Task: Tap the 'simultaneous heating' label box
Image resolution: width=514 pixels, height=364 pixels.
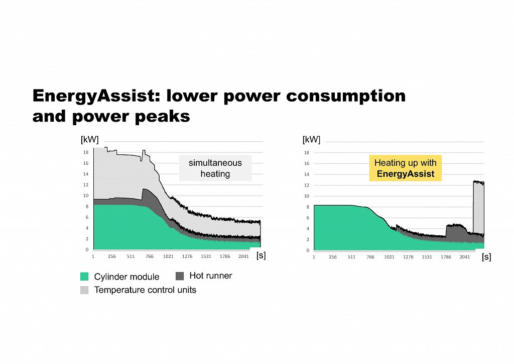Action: point(215,168)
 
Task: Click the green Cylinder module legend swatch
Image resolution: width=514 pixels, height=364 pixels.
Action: point(84,277)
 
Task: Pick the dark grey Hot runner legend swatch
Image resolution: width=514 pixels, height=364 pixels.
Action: point(180,276)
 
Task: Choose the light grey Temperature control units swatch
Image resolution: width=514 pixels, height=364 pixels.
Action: point(84,290)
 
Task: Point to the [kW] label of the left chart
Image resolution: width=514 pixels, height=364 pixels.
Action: point(90,139)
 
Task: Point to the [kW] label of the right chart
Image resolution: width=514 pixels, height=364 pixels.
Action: point(311,139)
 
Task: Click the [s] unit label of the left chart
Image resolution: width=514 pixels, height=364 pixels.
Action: point(261,255)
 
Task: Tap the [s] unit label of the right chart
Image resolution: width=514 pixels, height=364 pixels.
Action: point(486,257)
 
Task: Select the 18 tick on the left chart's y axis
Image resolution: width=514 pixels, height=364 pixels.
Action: point(86,152)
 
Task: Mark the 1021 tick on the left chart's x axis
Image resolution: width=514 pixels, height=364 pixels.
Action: point(168,256)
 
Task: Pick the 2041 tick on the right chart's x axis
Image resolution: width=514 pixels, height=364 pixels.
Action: point(464,257)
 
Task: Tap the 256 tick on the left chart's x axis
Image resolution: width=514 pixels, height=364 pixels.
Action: point(112,256)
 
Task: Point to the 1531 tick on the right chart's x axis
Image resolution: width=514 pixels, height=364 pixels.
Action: point(427,257)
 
